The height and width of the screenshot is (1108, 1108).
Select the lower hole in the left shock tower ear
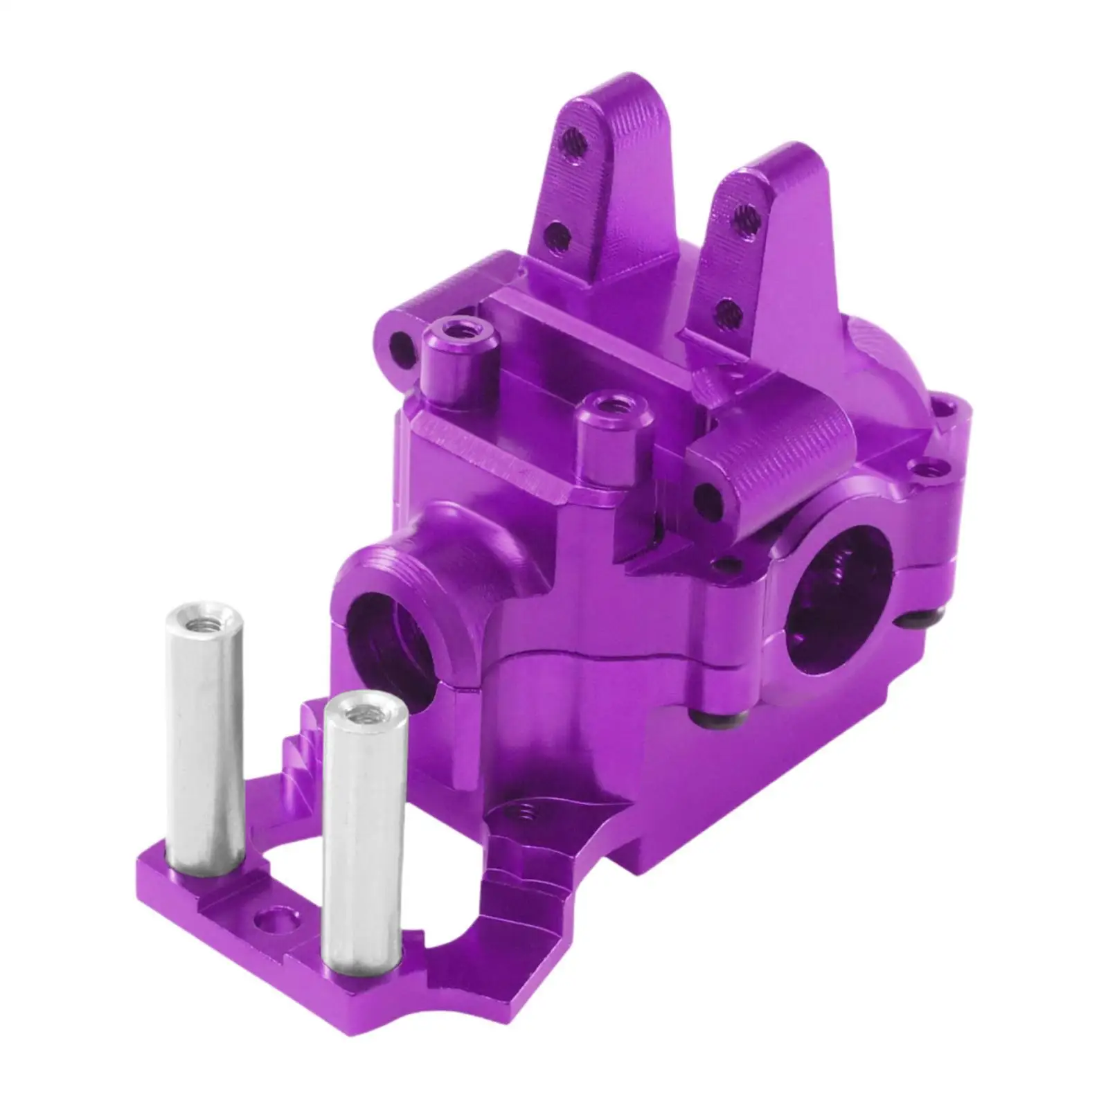[x=557, y=235]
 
